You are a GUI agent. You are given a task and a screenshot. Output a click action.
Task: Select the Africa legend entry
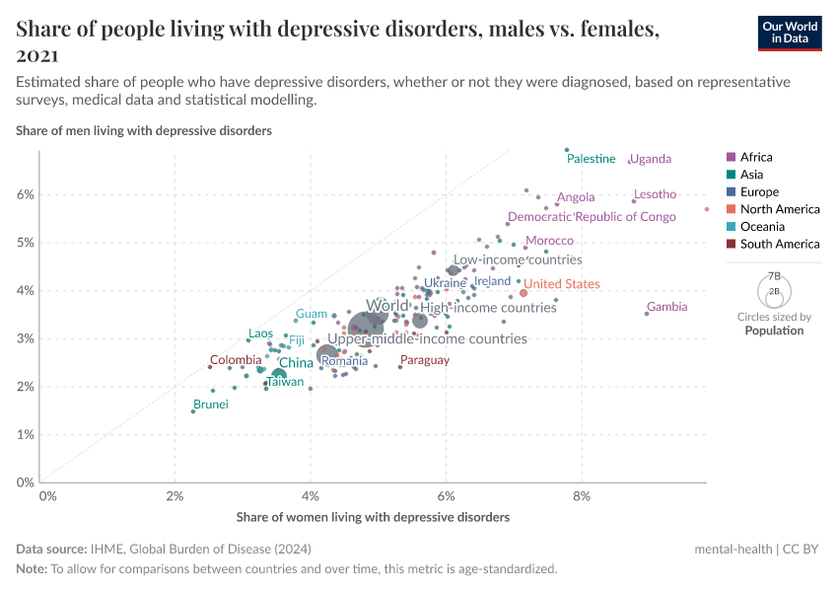point(756,157)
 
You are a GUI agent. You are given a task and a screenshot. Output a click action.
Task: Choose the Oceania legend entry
point(759,226)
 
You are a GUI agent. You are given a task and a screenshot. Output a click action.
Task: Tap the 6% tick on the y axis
point(25,194)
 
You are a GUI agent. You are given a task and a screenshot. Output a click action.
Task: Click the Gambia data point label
point(666,307)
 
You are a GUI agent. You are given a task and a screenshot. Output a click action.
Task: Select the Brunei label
point(211,405)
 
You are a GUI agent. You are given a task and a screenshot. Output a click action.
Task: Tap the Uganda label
point(650,159)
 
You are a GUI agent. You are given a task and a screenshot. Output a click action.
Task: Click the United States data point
point(524,293)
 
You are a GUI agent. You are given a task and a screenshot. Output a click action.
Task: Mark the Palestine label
point(592,159)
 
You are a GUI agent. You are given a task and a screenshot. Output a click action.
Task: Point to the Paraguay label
point(425,360)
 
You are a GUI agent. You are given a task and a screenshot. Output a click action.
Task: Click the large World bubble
point(367,326)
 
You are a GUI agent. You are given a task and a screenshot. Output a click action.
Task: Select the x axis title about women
point(373,517)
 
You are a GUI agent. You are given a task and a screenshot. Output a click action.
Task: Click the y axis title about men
point(144,130)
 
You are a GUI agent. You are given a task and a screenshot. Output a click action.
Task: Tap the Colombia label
point(236,360)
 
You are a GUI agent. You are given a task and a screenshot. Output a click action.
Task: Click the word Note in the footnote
point(31,569)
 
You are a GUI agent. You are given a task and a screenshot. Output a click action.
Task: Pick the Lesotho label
point(655,194)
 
